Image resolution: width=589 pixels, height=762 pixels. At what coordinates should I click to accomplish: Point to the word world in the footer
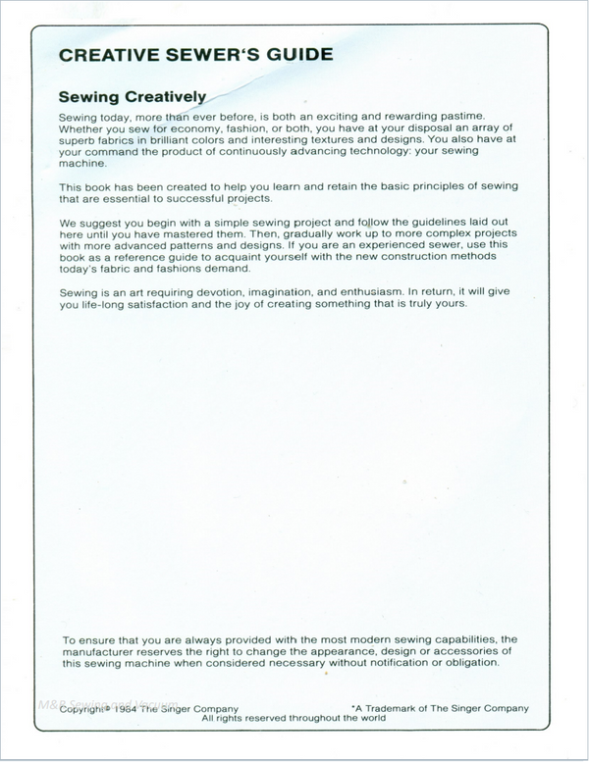[369, 719]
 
